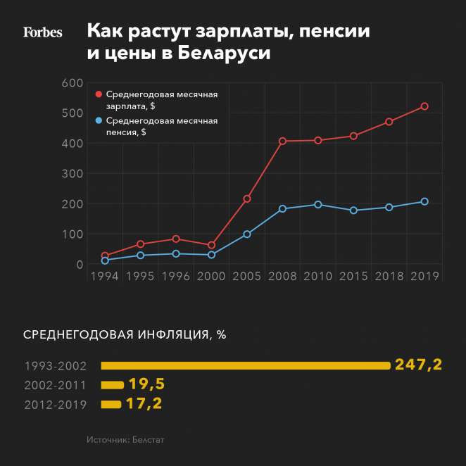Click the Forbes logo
43,32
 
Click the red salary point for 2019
424,106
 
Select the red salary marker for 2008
282,141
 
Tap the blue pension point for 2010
318,205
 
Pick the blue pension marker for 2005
247,234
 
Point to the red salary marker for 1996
176,239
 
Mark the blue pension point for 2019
424,201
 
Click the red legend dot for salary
99,94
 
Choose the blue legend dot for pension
99,121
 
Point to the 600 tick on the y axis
73,83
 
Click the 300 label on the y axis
73,174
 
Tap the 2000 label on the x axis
211,277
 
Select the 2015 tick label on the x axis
353,277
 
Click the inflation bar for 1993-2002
245,365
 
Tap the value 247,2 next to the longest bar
418,365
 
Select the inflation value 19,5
146,384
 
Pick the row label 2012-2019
55,405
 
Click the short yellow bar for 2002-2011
112,385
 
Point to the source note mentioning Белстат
126,439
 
